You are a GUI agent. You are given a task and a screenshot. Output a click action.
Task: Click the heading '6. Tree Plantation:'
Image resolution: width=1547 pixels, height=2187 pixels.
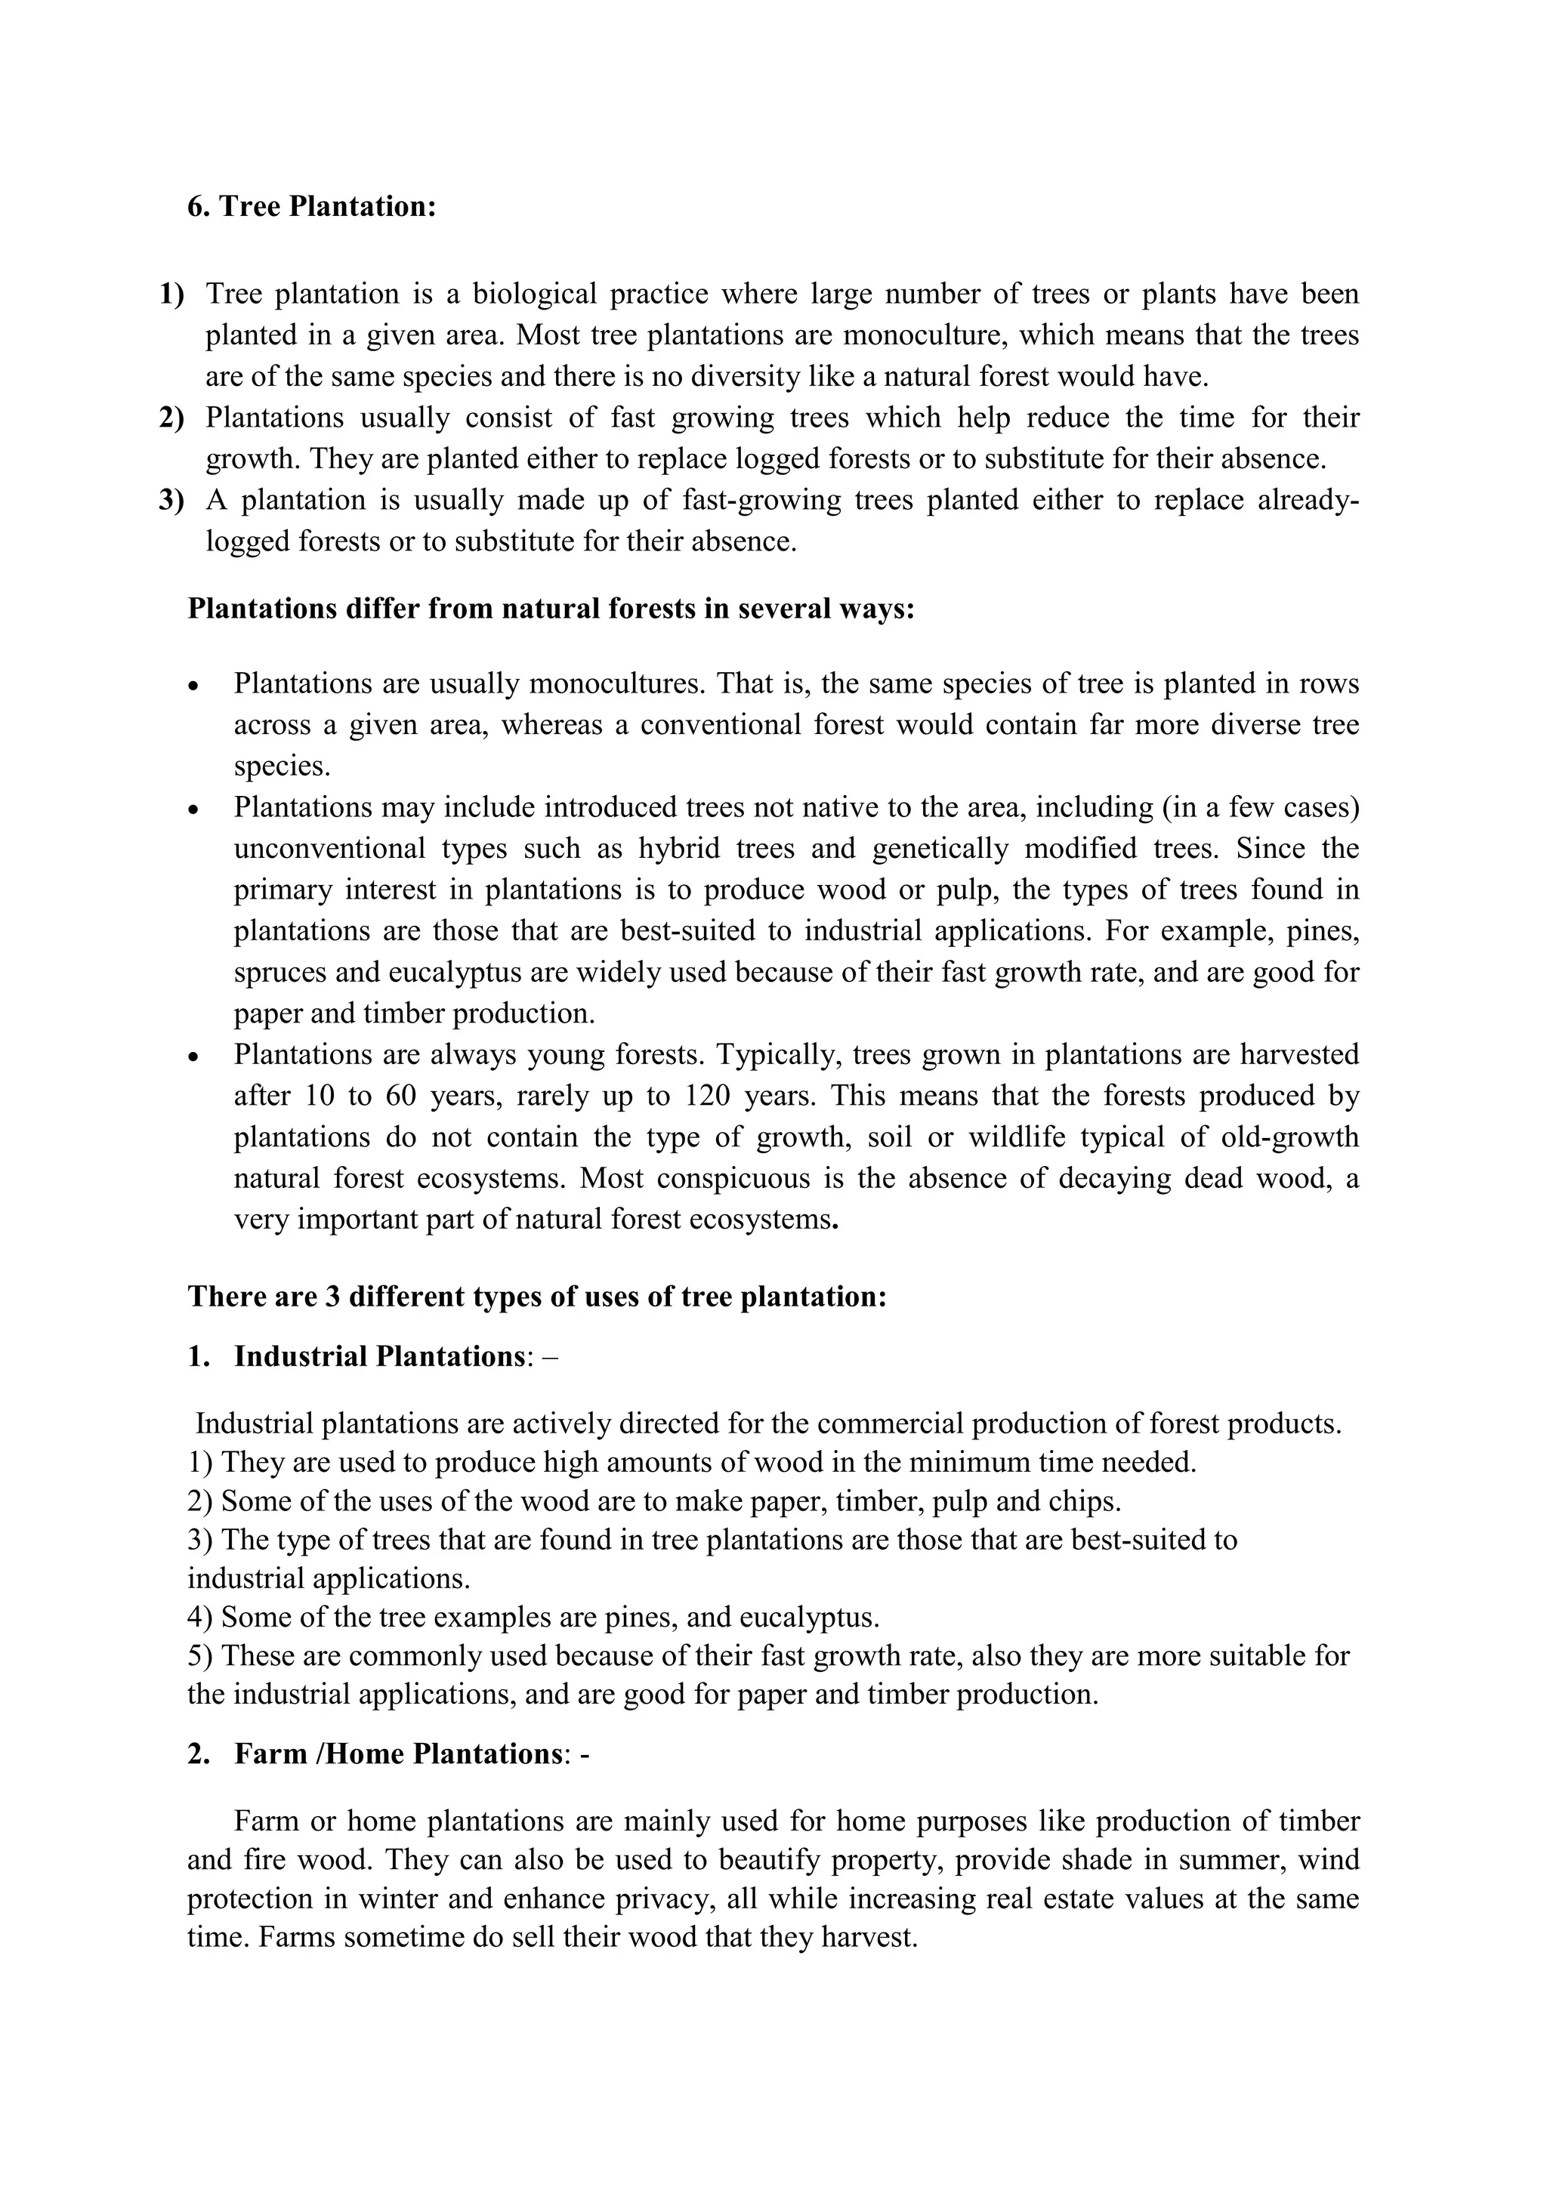(311, 207)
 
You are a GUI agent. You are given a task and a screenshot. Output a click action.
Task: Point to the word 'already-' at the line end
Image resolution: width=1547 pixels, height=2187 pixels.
(1308, 500)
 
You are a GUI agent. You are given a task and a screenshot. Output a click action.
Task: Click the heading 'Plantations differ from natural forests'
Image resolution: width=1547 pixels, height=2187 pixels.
(551, 609)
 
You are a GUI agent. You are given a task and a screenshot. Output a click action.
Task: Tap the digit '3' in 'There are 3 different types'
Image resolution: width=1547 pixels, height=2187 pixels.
(332, 1297)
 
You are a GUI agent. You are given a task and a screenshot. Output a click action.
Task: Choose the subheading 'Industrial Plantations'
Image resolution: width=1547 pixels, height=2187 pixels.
(379, 1356)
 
